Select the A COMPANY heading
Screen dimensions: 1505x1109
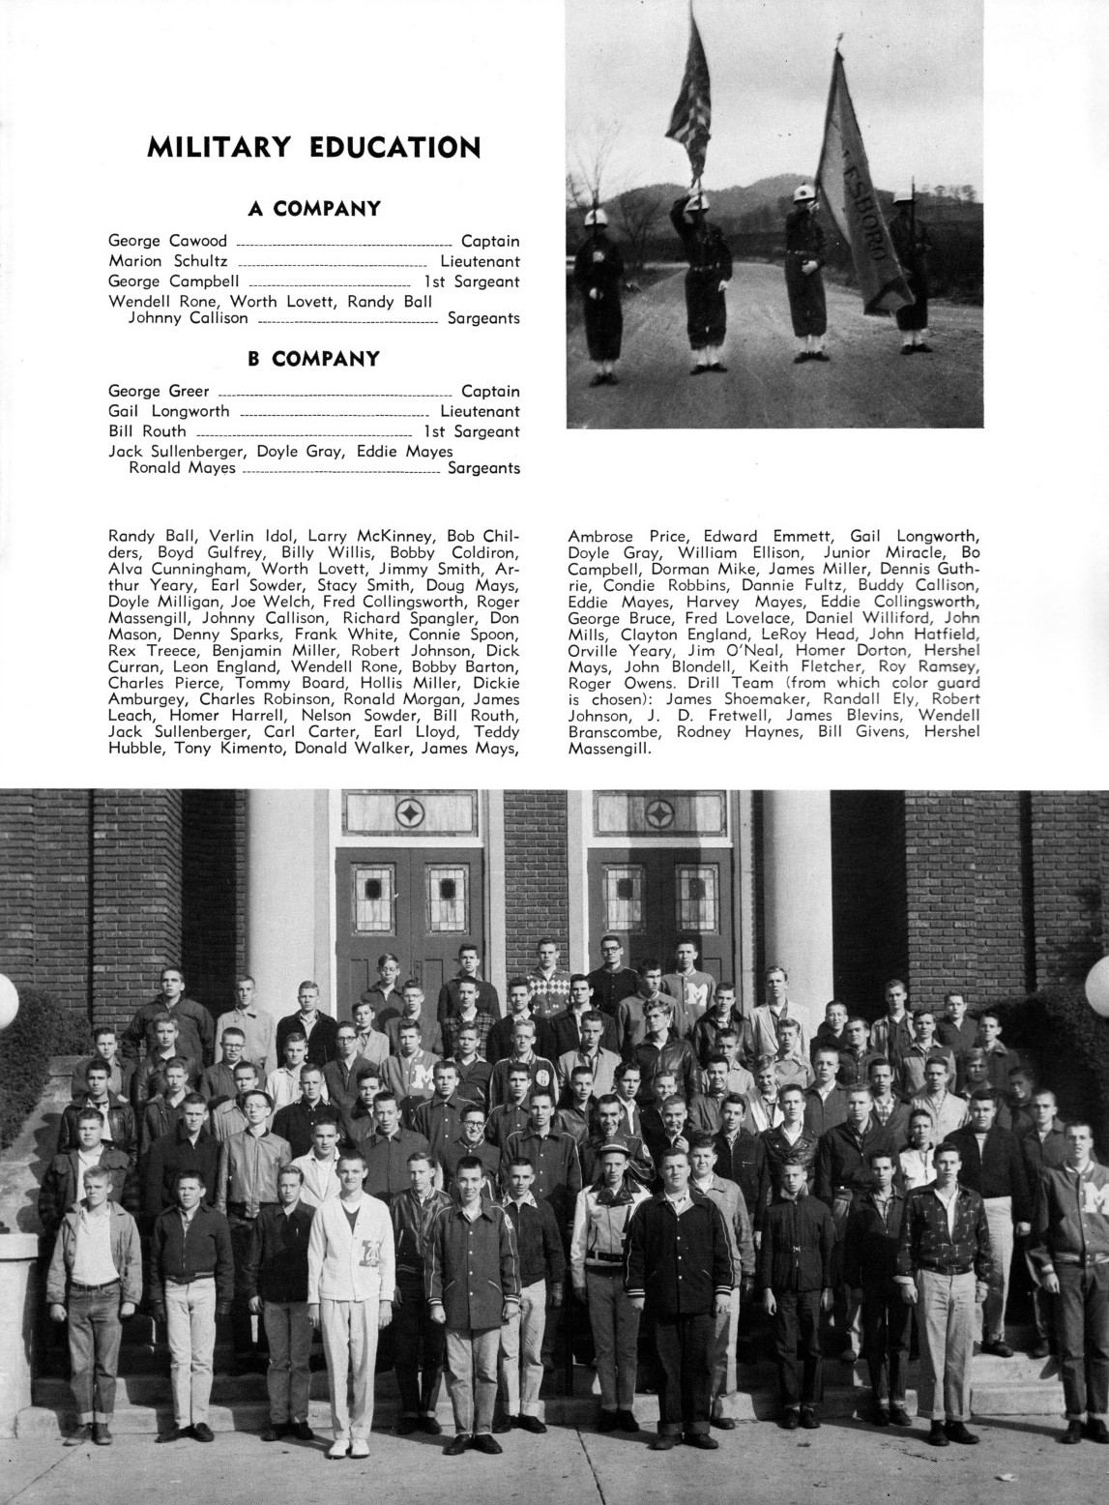313,208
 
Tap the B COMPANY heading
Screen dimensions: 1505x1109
313,359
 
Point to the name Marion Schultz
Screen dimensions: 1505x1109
168,261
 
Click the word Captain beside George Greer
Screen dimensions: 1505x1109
490,392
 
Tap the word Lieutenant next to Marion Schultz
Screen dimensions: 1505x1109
480,261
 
